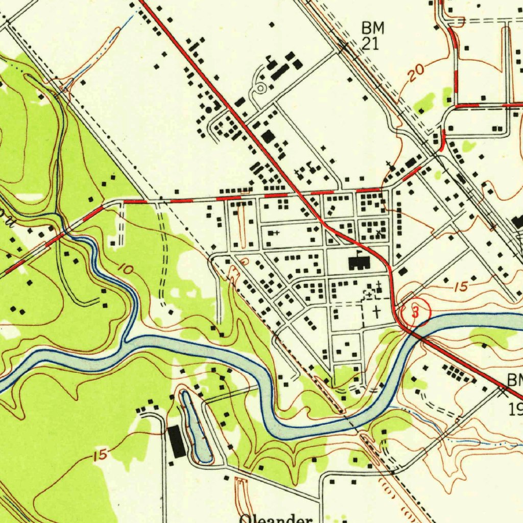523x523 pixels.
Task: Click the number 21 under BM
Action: [x=370, y=44]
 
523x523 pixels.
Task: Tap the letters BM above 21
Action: [x=372, y=28]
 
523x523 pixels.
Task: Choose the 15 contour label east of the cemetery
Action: [x=461, y=287]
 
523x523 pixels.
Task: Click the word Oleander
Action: [x=276, y=518]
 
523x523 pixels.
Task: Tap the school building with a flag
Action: [x=359, y=263]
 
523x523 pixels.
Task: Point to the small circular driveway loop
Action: [x=260, y=89]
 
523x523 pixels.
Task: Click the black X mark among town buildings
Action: [x=378, y=232]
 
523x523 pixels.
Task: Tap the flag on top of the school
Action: [x=360, y=253]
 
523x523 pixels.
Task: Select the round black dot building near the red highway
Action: [x=208, y=109]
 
